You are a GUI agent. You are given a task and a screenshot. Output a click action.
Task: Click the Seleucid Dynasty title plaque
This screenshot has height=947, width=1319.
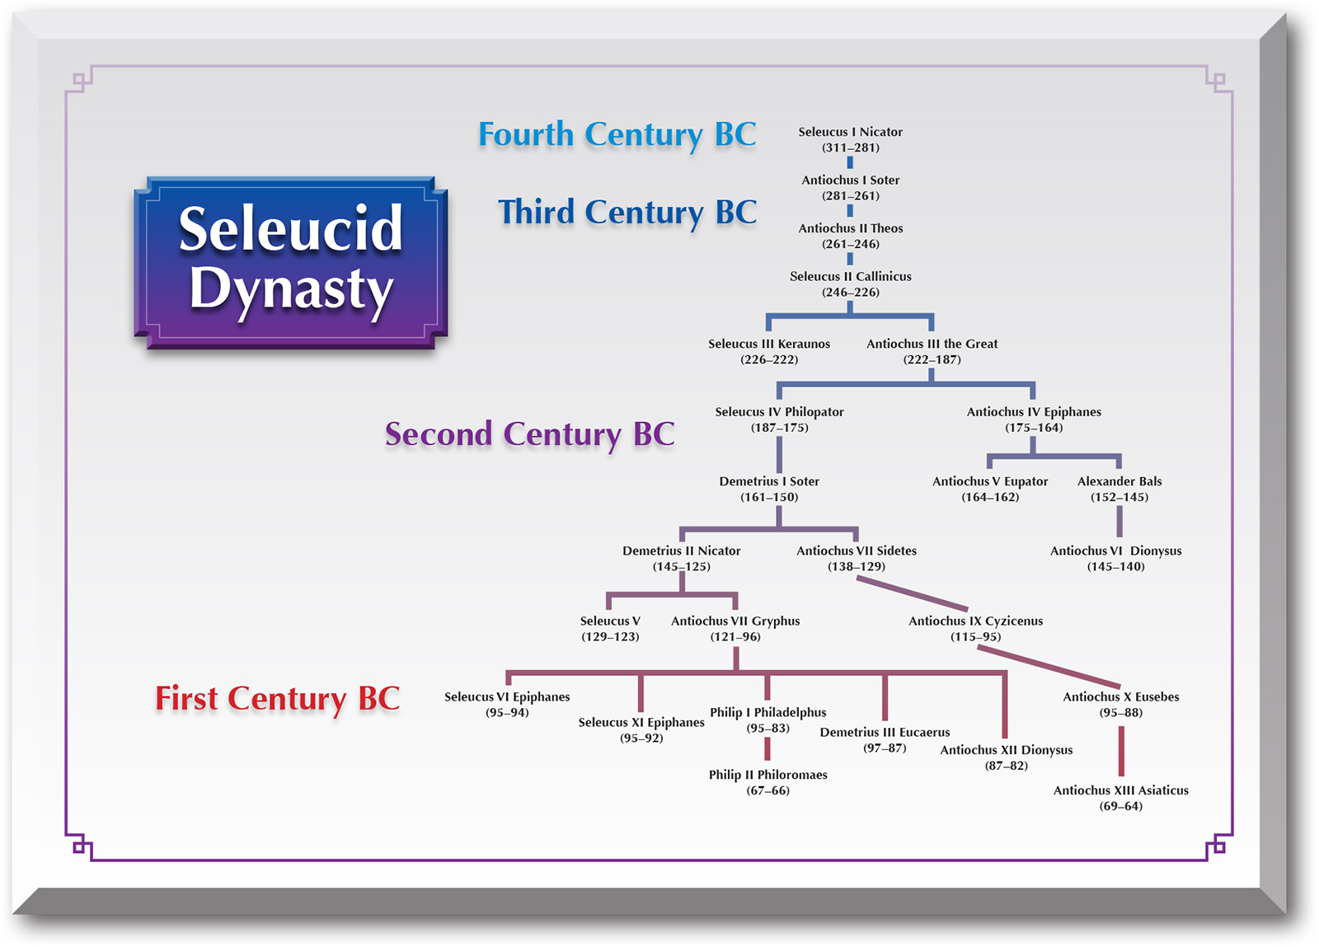coord(291,262)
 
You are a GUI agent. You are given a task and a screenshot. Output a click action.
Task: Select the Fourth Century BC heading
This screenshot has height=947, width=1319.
coord(617,135)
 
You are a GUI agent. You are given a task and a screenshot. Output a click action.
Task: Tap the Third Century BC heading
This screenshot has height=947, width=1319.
coord(627,213)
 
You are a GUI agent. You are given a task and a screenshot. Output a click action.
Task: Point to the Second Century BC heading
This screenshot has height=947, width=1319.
coord(529,434)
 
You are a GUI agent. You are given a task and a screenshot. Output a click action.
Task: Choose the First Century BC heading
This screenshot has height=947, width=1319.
coord(277,699)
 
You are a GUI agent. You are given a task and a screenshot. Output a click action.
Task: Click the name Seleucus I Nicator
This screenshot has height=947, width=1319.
coord(850,132)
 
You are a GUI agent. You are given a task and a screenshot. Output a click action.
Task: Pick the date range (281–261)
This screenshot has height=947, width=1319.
coord(850,196)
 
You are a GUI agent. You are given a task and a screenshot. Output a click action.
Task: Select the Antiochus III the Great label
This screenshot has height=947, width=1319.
coord(932,344)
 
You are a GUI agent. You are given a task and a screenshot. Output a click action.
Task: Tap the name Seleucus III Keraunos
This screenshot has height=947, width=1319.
coord(769,344)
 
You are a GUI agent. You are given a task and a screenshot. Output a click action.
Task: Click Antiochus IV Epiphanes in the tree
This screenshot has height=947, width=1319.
coord(1034,412)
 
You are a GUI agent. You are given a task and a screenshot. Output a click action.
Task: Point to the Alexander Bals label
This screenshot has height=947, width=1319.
coord(1120,481)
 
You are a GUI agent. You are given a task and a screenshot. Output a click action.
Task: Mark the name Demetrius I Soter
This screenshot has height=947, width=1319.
coord(769,481)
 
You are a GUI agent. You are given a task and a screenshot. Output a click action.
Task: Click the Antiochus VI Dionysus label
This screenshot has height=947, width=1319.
coord(1116,551)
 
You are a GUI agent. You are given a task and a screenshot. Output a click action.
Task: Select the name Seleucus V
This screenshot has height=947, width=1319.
coord(610,621)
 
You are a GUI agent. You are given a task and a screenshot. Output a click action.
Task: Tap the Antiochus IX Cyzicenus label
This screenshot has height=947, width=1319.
coord(976,621)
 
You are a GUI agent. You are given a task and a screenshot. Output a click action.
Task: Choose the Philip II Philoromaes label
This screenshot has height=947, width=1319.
coord(767,775)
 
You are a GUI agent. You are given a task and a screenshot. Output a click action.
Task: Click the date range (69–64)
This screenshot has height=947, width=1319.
coord(1120,806)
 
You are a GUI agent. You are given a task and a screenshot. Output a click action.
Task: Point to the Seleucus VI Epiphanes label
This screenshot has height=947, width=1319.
coord(507,697)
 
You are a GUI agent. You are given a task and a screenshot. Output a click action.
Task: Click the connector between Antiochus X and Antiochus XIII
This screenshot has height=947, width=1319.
coord(1121,751)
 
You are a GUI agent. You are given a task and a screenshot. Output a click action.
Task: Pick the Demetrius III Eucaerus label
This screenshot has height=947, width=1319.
coord(885,732)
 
